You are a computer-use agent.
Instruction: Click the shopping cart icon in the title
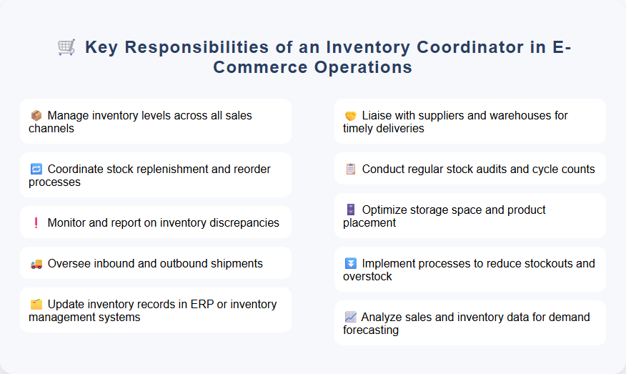click(66, 47)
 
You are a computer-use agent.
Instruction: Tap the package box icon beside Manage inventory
click(36, 115)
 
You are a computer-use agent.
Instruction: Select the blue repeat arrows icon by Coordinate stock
click(36, 169)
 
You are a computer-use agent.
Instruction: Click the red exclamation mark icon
click(36, 223)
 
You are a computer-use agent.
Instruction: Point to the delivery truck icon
click(36, 264)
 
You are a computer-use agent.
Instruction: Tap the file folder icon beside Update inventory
click(36, 305)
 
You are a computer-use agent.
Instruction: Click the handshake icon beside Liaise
click(350, 115)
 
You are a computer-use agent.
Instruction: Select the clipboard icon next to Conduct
click(350, 169)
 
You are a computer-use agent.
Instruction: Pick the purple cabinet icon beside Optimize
click(350, 210)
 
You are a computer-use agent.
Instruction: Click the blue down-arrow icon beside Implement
click(350, 264)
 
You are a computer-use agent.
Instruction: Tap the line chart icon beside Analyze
click(350, 318)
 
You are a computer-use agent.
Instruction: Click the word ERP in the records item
click(204, 305)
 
